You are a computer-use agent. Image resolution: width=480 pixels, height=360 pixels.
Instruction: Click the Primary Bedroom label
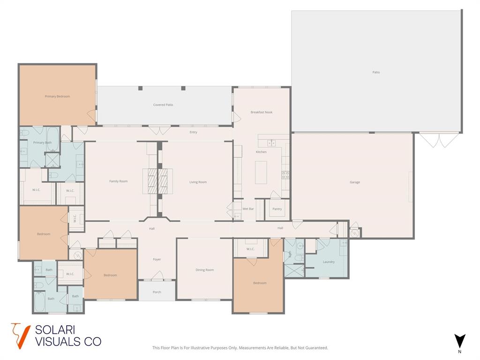(x=57, y=97)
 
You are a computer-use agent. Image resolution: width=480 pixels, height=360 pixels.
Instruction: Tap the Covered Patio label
(x=163, y=105)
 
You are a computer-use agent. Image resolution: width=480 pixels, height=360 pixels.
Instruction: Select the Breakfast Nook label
(x=261, y=112)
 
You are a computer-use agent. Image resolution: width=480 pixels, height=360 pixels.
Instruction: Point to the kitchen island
(x=261, y=172)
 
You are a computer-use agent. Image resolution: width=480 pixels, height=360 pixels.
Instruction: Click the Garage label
(x=355, y=182)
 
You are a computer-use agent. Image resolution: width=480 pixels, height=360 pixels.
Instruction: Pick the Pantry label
(x=277, y=209)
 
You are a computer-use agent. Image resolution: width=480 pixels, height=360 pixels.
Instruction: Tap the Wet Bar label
(x=248, y=209)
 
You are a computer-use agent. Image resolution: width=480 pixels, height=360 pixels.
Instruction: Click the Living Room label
(x=198, y=182)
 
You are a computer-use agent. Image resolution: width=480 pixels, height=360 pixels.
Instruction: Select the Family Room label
(x=118, y=181)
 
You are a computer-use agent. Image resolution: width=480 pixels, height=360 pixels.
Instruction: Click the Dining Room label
(x=204, y=270)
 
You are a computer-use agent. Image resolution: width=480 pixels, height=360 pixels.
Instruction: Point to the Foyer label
(x=157, y=260)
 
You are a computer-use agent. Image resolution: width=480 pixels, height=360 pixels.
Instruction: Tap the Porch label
(x=157, y=292)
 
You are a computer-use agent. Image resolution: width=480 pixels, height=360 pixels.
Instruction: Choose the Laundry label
(x=329, y=262)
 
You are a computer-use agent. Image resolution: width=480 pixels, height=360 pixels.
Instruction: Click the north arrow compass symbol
(x=459, y=341)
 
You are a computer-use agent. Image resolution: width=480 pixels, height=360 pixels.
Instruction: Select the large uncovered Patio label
(x=376, y=73)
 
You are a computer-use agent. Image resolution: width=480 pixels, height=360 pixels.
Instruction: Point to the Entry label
(x=193, y=133)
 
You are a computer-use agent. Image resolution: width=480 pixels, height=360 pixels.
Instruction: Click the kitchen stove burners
(x=285, y=175)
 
